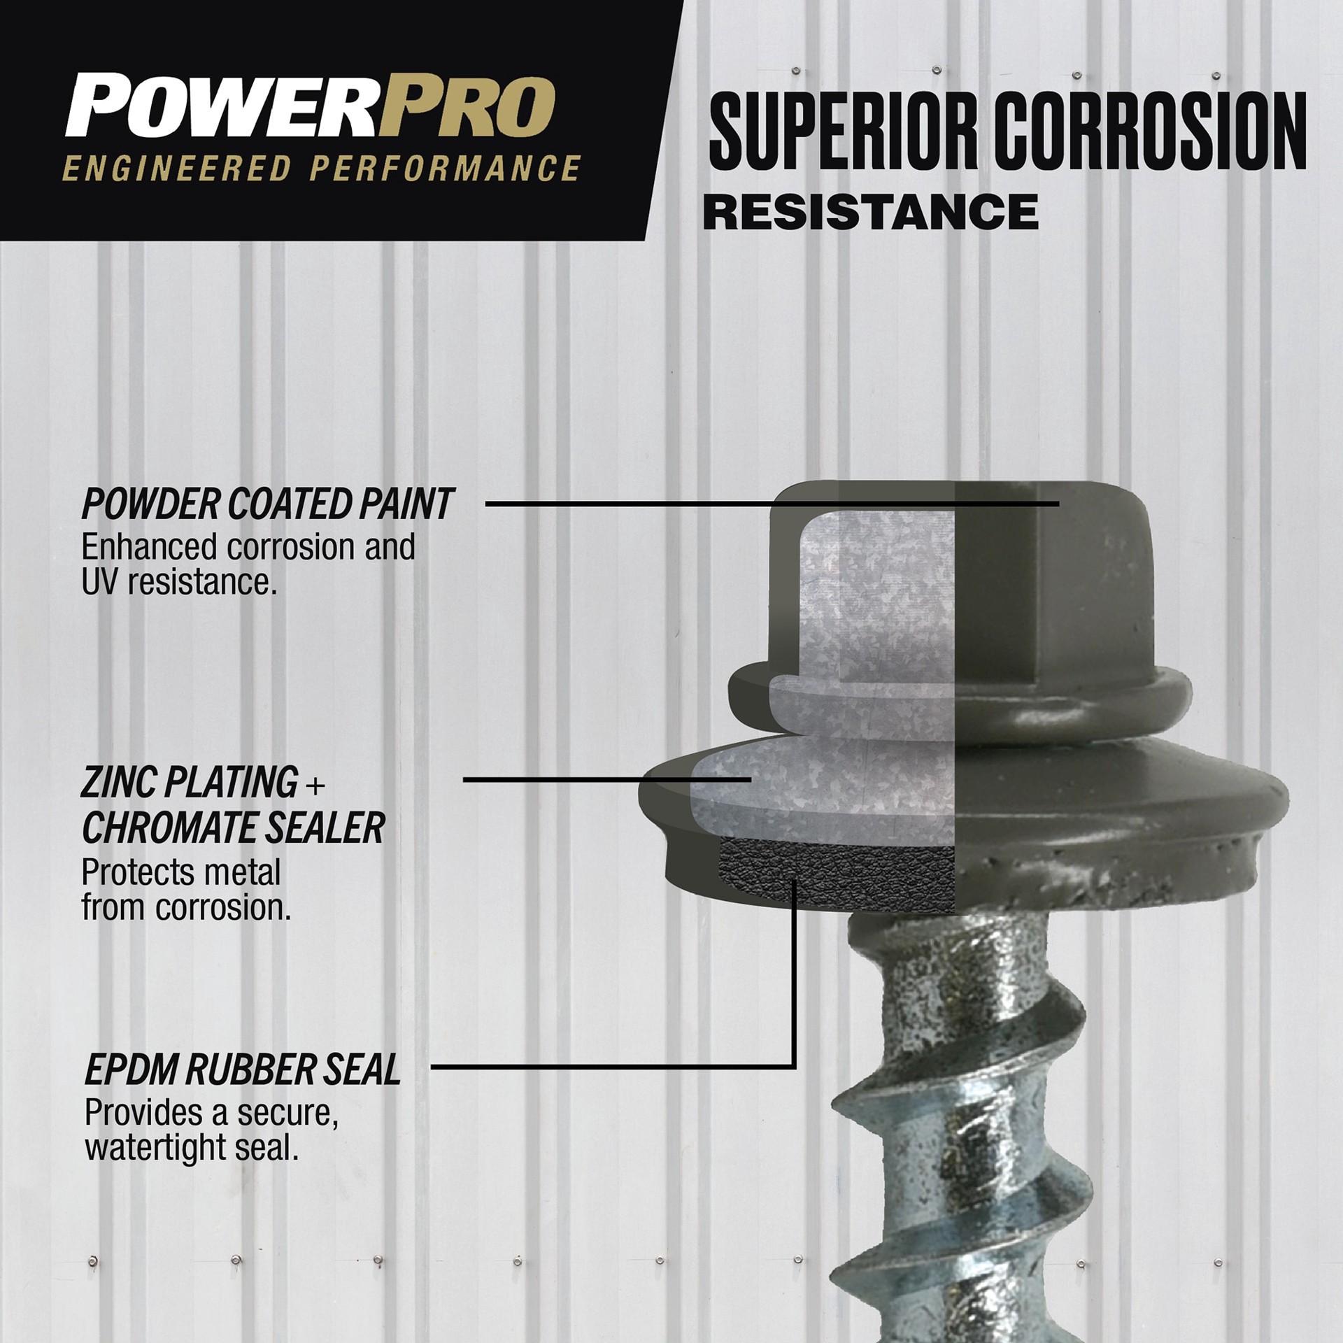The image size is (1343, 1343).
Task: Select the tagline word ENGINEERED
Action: click(175, 170)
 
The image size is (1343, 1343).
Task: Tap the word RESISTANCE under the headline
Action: click(870, 211)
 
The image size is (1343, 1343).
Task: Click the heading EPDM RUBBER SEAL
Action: click(242, 1070)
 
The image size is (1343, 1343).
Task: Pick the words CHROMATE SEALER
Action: click(233, 828)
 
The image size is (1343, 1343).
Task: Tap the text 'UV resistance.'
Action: click(179, 582)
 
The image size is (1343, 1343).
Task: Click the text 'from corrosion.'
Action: click(186, 908)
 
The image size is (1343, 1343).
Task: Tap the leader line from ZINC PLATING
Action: click(602, 779)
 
